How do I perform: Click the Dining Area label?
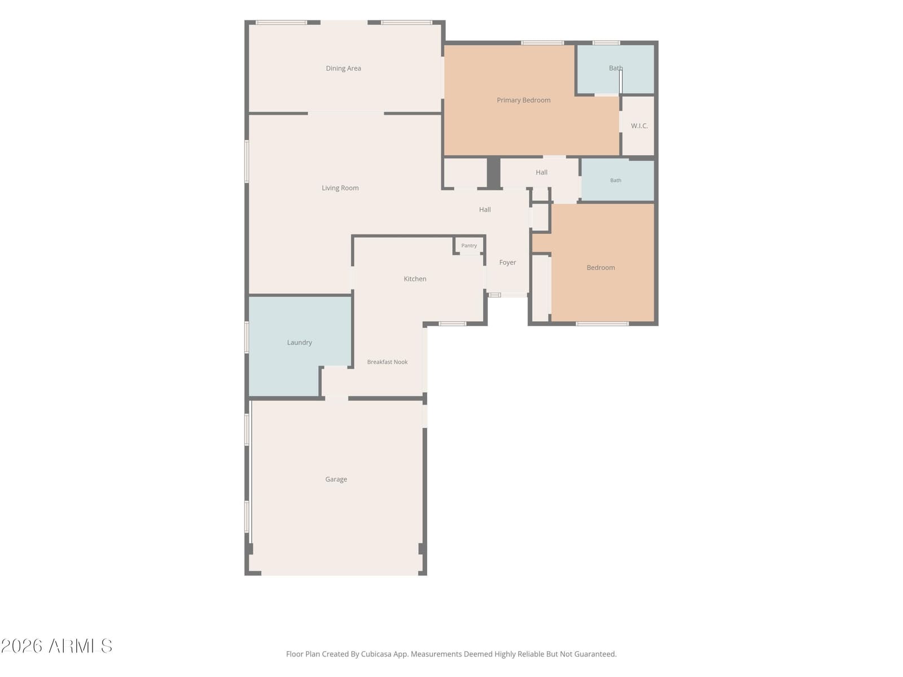click(343, 68)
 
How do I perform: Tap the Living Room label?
click(340, 188)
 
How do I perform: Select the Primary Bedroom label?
click(523, 100)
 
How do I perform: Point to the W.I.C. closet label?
click(639, 126)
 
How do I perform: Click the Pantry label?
click(468, 245)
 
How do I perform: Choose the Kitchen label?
click(415, 279)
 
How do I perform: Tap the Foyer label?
click(507, 262)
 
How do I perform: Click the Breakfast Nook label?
click(387, 362)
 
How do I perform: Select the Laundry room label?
click(299, 342)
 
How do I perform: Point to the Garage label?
click(336, 480)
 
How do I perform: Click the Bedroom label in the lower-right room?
click(600, 267)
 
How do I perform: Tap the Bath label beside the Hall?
click(615, 180)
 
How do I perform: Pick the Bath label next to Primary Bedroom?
click(615, 68)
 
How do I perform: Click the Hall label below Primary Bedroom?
click(541, 172)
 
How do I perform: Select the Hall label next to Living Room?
click(485, 210)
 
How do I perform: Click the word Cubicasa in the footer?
click(376, 654)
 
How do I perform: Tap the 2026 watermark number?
click(21, 646)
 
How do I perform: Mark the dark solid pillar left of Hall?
click(493, 173)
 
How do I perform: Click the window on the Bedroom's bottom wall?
click(602, 324)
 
